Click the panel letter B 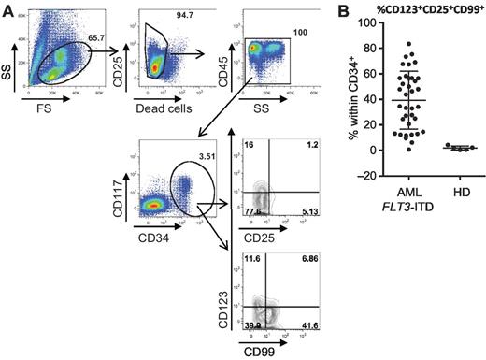pos(344,8)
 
